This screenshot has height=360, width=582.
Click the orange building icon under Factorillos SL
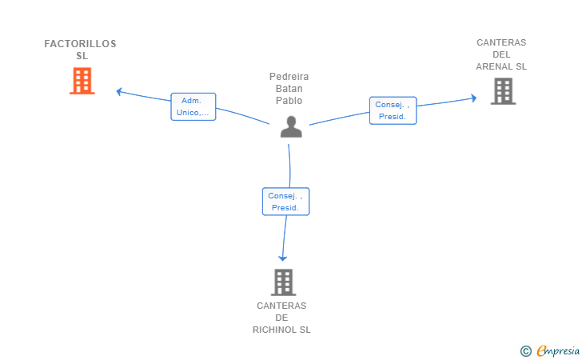[82, 81]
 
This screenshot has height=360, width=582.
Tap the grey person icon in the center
[291, 126]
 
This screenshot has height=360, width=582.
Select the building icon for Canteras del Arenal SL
[504, 91]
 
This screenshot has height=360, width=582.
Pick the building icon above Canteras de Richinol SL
[283, 282]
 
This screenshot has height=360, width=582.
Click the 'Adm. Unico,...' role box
[193, 106]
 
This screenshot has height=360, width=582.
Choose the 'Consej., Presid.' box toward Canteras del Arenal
[393, 110]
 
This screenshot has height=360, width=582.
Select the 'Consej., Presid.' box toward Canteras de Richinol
[285, 202]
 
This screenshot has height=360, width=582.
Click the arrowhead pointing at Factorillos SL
[119, 91]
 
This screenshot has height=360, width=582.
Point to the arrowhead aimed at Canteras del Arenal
[473, 98]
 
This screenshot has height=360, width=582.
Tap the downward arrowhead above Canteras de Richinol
[283, 258]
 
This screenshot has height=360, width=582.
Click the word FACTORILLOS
[80, 44]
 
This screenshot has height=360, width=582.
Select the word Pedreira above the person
[289, 77]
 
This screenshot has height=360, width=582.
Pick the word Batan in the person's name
[289, 89]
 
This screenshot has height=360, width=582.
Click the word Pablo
[289, 101]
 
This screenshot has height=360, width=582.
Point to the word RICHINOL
[274, 330]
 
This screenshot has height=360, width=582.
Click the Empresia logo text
[557, 350]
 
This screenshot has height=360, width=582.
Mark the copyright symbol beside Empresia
[525, 351]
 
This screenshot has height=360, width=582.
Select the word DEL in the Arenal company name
[501, 54]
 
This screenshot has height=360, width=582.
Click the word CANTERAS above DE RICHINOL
[281, 306]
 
